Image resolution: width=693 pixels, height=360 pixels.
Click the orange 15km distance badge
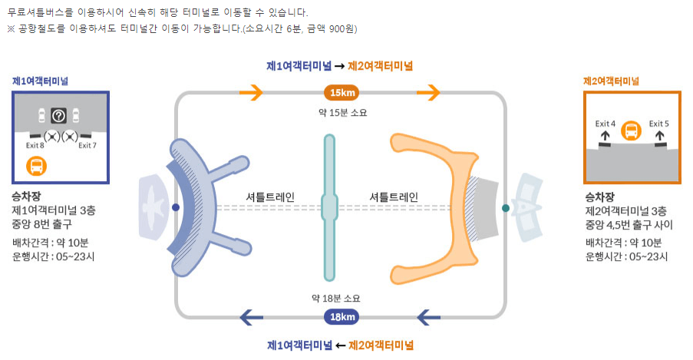[x=342, y=94]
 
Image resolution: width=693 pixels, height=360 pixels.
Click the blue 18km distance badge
[x=342, y=316]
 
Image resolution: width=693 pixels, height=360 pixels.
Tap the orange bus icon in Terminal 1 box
[x=35, y=165]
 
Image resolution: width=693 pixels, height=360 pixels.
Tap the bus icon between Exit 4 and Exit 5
[x=631, y=130]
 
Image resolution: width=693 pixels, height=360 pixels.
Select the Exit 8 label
[x=35, y=145]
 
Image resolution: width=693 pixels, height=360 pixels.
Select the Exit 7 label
[x=87, y=145]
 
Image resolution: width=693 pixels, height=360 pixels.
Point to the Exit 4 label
[x=606, y=123]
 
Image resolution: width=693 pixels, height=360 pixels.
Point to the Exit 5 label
[x=658, y=123]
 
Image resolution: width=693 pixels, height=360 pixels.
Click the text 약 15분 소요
[x=342, y=113]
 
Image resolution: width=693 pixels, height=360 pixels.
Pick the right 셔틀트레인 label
[x=394, y=197]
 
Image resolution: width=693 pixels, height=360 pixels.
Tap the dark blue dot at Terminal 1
[x=176, y=208]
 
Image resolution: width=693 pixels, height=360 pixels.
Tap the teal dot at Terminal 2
[x=505, y=208]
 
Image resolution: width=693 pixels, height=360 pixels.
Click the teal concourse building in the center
[x=329, y=207]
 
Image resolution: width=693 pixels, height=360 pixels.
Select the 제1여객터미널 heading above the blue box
[x=40, y=81]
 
